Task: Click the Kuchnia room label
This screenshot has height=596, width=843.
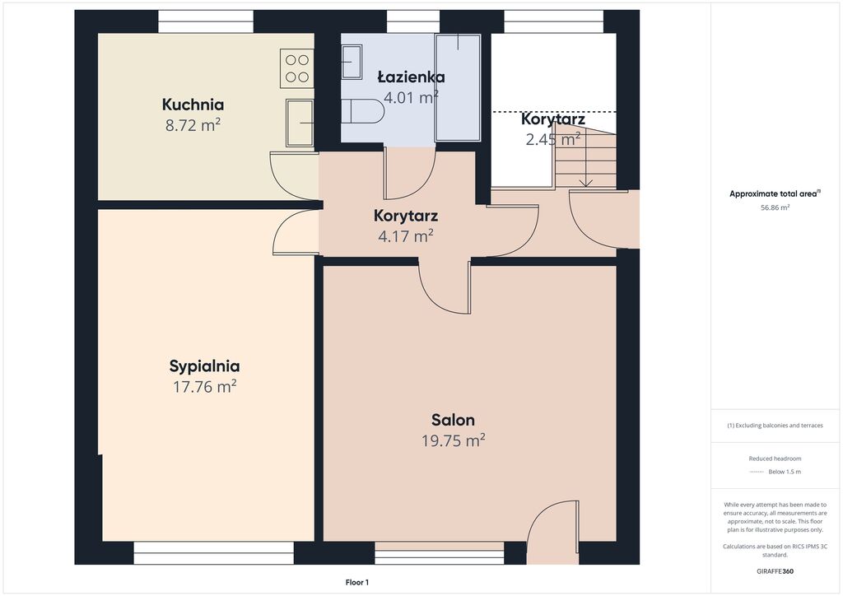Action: coord(193,105)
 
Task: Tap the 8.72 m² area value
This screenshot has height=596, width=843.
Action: coord(193,125)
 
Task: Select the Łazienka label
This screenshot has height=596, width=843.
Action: coord(412,77)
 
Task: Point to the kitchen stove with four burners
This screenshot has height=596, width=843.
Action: coord(296,68)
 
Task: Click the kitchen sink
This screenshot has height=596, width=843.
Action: coord(300,123)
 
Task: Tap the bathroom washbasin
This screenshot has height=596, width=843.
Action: coord(352,62)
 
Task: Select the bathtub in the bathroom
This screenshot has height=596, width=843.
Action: coord(458,87)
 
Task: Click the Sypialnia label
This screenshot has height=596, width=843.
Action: coord(204,366)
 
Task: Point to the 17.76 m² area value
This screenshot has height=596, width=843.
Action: coord(205,387)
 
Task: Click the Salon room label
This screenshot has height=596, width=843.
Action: coord(454,420)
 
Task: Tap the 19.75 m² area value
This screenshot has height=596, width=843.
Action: coord(454,440)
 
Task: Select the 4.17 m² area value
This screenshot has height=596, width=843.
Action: coord(406,236)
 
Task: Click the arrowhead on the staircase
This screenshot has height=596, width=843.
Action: coord(585,183)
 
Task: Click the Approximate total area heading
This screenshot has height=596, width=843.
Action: coord(775,194)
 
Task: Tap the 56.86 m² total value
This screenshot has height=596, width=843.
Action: coord(775,207)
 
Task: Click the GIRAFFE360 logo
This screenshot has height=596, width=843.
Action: coord(775,571)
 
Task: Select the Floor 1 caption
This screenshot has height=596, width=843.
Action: coord(357,582)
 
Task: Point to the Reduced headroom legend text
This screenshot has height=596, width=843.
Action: coord(775,459)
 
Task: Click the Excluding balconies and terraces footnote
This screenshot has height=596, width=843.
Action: coord(775,426)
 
